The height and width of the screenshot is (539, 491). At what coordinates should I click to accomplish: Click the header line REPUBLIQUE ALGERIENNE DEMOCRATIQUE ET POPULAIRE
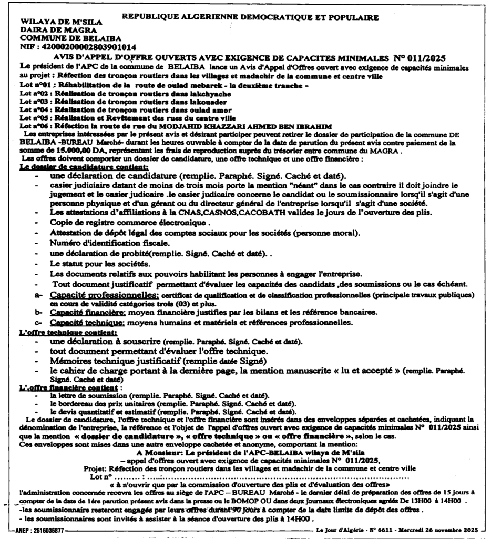[x=250, y=17]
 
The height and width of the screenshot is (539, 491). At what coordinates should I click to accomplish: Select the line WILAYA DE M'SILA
[x=61, y=23]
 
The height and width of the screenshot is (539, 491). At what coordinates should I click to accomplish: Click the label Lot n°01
[x=36, y=84]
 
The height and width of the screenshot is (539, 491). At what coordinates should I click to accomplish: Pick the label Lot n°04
[x=36, y=109]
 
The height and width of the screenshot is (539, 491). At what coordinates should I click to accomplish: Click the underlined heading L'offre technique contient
[x=68, y=332]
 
